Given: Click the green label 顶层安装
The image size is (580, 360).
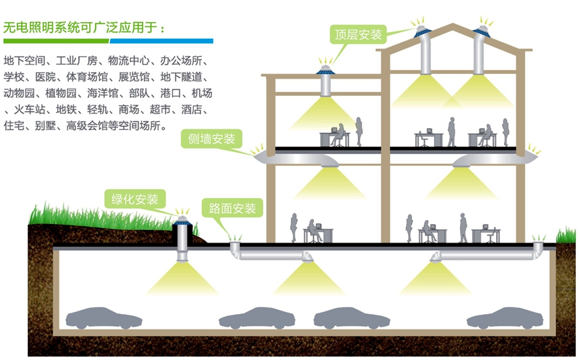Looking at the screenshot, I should tap(359, 35).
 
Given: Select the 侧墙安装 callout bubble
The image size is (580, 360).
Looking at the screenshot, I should tap(211, 139).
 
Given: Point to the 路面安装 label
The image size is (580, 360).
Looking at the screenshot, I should tap(233, 208).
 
